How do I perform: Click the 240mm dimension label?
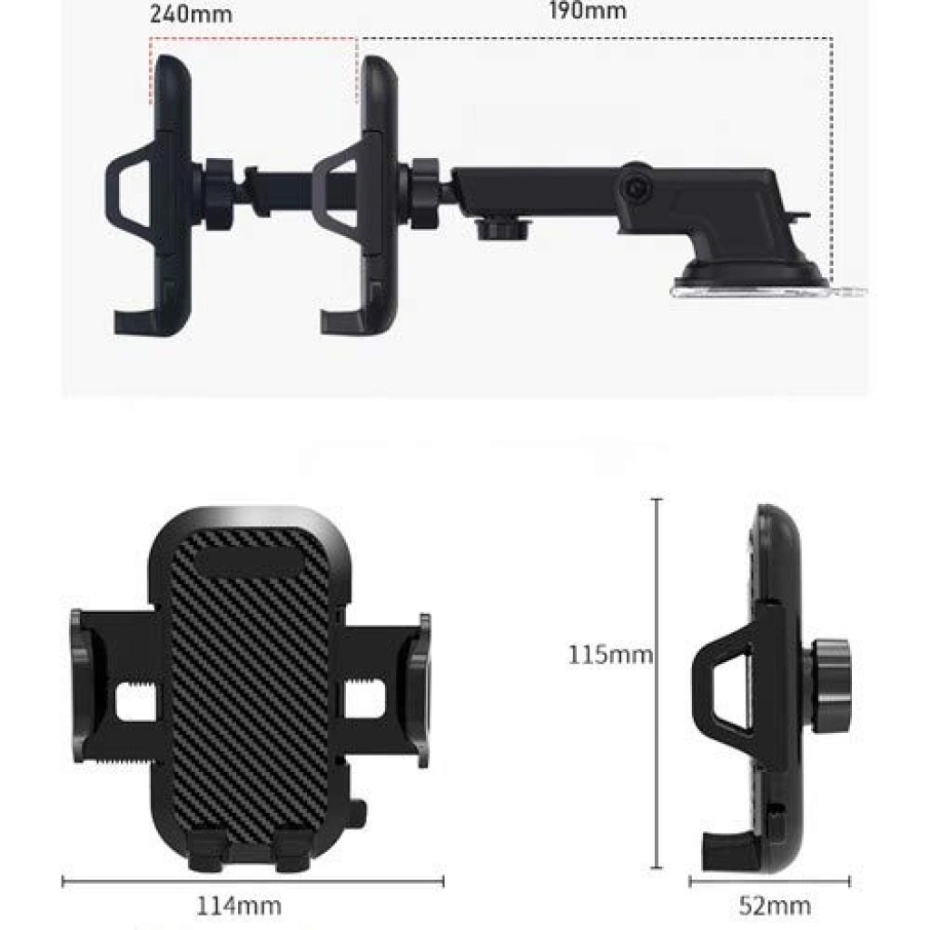click(191, 14)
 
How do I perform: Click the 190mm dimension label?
click(588, 10)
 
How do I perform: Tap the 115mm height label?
click(610, 655)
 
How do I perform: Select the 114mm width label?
click(239, 905)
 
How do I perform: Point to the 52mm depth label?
click(775, 905)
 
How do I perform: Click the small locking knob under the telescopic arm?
click(503, 229)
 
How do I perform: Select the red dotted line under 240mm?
click(253, 39)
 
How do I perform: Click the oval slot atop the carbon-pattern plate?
click(249, 561)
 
